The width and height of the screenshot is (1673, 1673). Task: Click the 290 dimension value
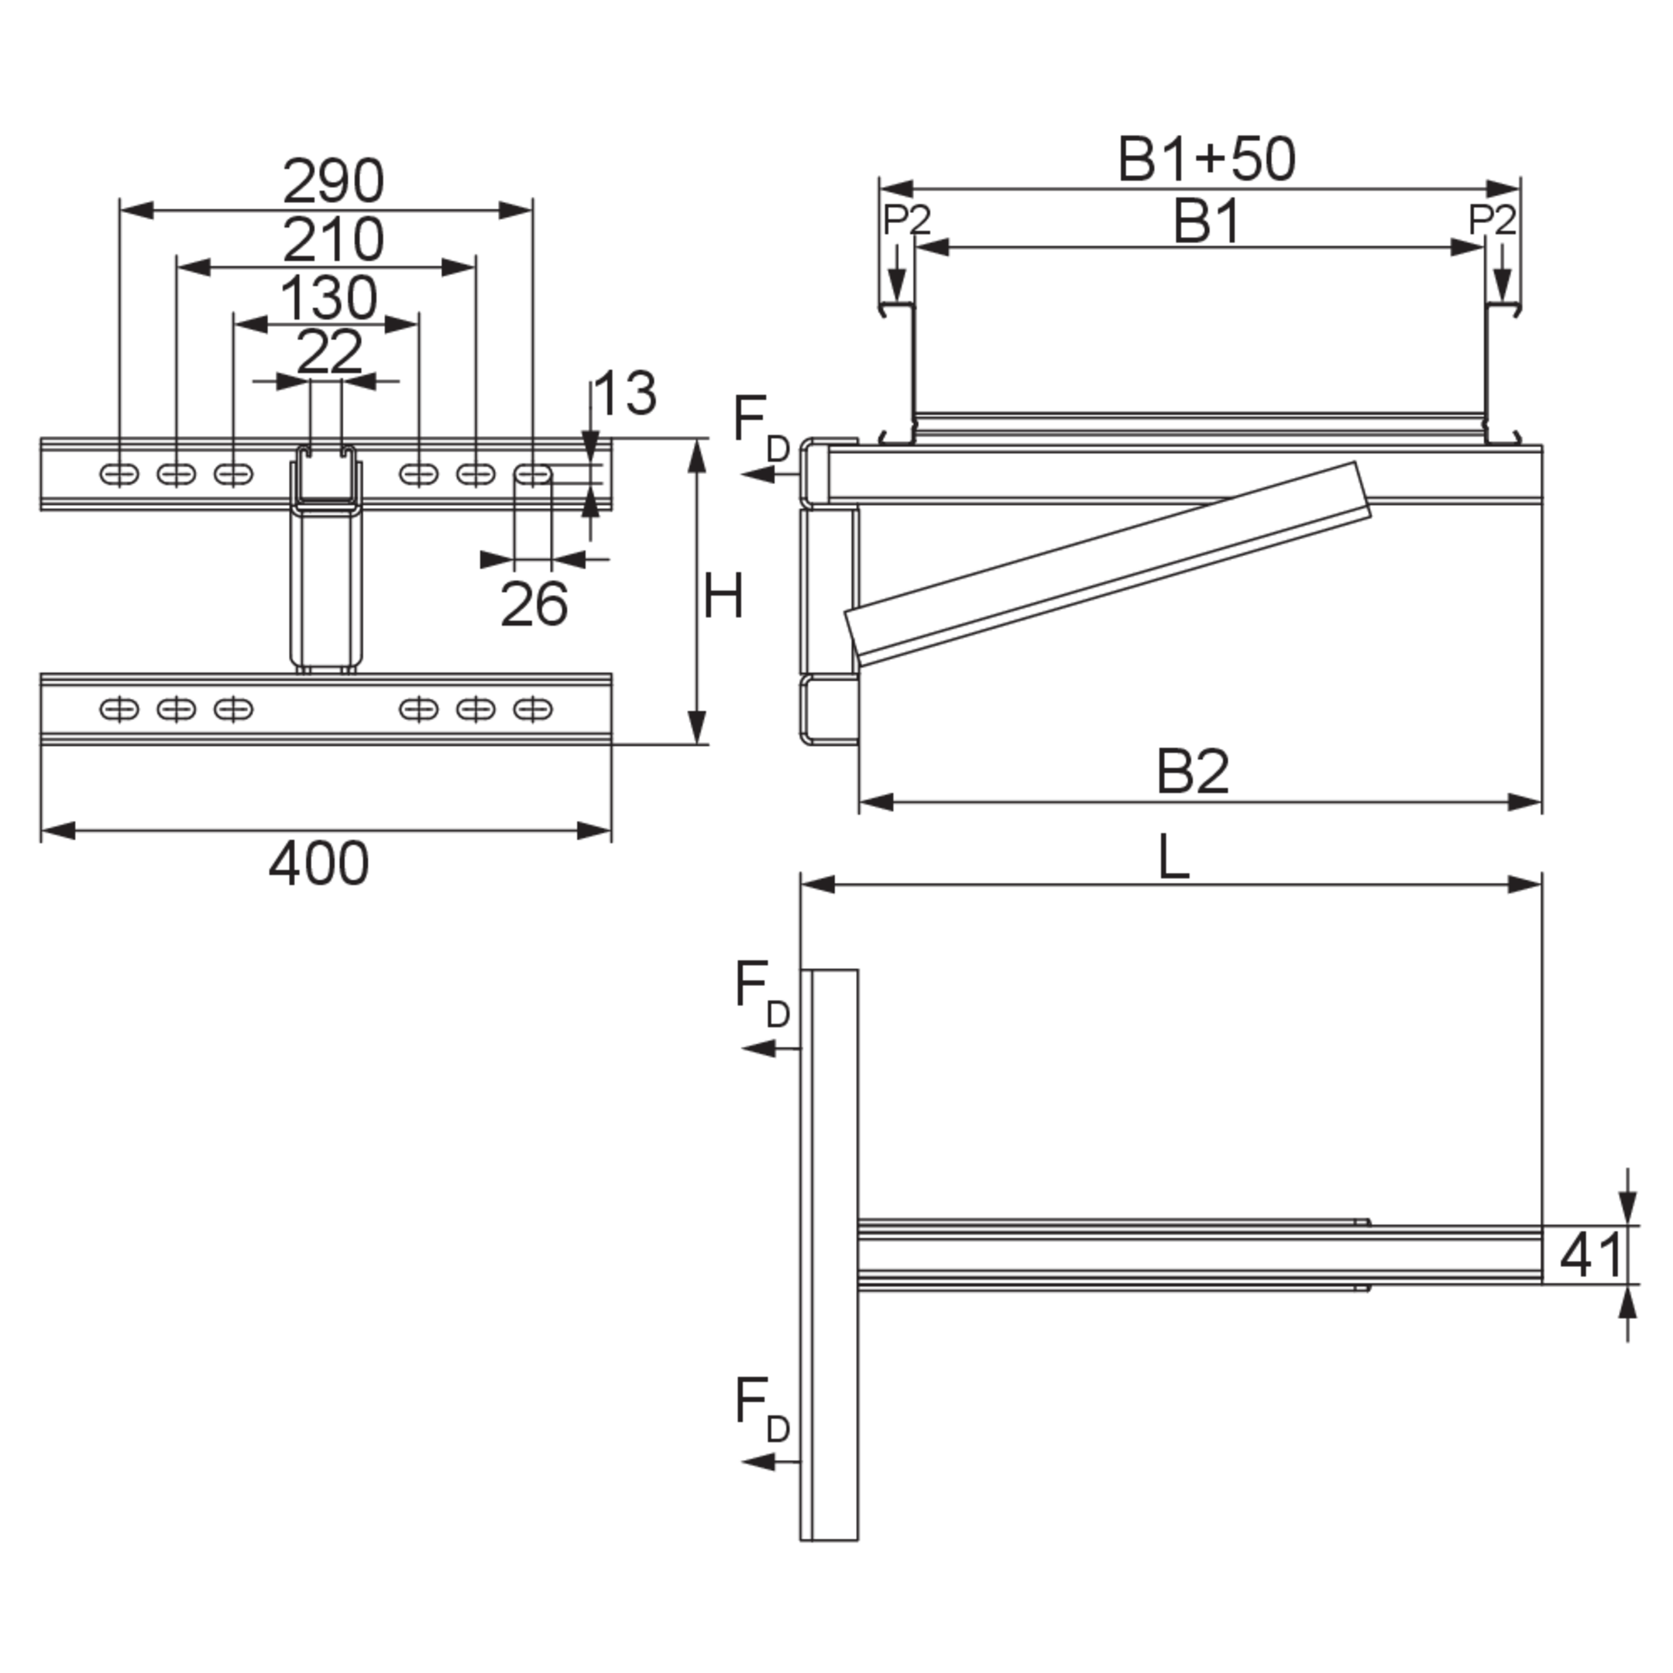tap(333, 181)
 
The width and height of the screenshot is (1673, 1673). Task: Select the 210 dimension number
tap(333, 240)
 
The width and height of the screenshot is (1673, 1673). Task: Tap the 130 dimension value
tap(329, 298)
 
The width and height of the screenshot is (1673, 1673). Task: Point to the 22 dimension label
tap(329, 352)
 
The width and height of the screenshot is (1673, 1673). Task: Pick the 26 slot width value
tap(534, 604)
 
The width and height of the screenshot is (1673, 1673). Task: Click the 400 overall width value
tap(318, 864)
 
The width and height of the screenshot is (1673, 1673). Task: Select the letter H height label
tap(723, 596)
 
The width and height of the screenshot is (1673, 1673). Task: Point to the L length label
tap(1174, 858)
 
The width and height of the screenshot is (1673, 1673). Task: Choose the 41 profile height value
tap(1591, 1255)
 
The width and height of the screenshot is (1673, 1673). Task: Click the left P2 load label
tap(907, 220)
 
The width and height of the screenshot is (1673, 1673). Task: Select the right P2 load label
tap(1493, 220)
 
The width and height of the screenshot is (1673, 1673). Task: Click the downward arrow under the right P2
tap(1503, 273)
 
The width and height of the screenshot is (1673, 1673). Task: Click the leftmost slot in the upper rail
tap(119, 475)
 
